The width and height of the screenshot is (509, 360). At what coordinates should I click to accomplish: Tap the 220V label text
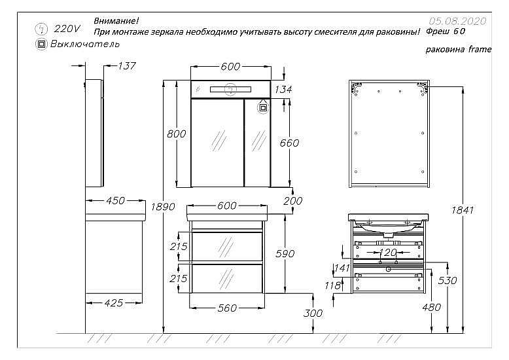point(67,29)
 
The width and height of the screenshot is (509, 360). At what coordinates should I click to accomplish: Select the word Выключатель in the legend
point(85,44)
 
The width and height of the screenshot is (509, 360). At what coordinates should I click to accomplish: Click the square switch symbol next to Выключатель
point(41,44)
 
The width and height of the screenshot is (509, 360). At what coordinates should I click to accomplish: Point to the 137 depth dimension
point(126,65)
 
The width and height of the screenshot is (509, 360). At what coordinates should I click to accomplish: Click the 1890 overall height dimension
point(163,206)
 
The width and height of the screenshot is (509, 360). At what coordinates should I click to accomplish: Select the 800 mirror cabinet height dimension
point(177,134)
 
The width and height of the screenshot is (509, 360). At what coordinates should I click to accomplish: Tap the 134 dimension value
point(283,89)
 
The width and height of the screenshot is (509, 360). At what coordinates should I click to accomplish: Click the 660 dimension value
point(289,143)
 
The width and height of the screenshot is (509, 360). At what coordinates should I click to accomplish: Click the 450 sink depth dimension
point(115,201)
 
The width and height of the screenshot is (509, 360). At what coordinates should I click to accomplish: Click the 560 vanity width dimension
point(226,308)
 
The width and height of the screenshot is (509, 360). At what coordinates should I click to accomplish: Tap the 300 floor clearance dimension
point(314,314)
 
